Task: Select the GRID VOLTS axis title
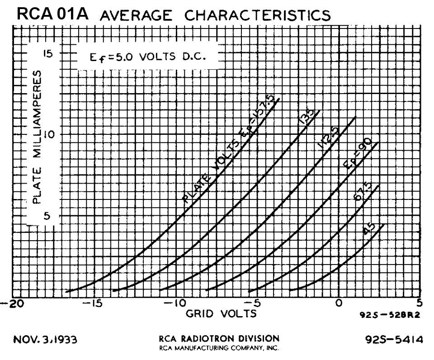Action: [x=222, y=313]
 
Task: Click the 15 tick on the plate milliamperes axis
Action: [x=48, y=54]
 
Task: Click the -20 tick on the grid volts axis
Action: [x=9, y=303]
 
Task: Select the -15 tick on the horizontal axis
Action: [x=93, y=303]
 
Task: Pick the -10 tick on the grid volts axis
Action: [x=174, y=303]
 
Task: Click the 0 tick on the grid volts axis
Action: [x=339, y=303]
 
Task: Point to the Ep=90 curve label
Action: [x=357, y=154]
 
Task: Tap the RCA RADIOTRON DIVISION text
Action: [x=219, y=338]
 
